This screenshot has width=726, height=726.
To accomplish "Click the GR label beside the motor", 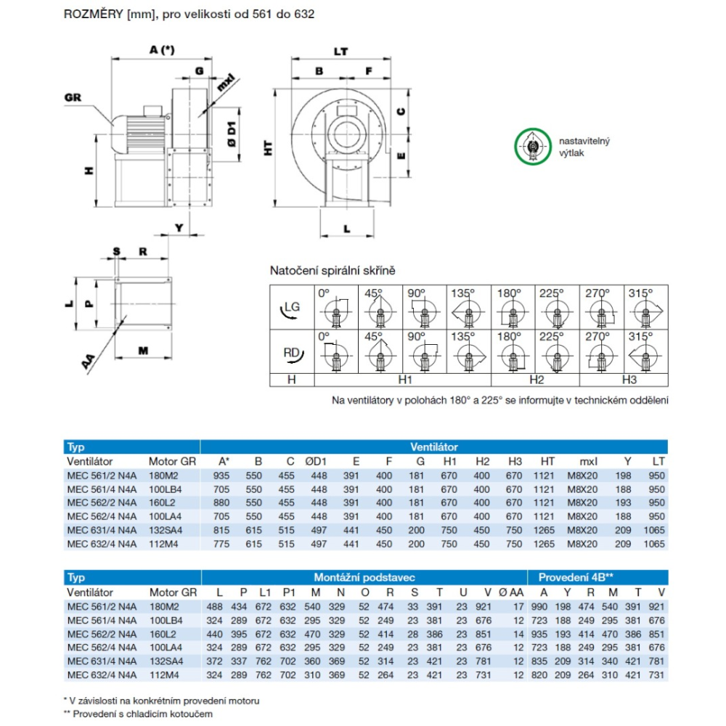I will pos(73,98).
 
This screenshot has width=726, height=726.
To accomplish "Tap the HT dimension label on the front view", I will pos(269,149).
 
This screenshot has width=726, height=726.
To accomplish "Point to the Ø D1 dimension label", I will pos(232,134).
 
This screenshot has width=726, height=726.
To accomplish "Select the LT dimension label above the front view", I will pos(340,52).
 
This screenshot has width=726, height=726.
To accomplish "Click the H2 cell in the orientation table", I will pos(536,380).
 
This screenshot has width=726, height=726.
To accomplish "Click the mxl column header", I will pos(587,461).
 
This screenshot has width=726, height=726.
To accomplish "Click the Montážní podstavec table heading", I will pos(364,577).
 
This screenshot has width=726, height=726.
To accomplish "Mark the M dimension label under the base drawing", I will pos(143,351).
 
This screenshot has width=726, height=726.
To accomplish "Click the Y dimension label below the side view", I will pos(179,228).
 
